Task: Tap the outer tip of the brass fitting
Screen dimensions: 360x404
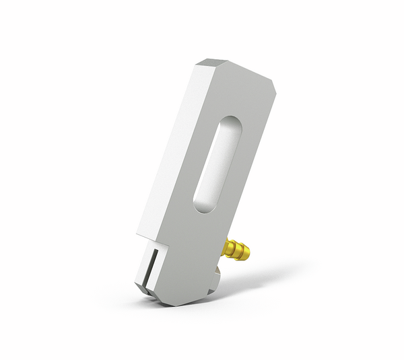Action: [x=250, y=254]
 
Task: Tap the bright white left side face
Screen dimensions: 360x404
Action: [x=168, y=155]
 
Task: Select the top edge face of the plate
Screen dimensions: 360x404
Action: [x=236, y=67]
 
